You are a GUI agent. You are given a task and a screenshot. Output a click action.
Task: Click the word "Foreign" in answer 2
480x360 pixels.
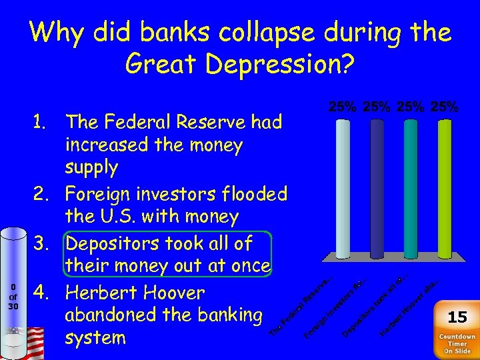click(103, 194)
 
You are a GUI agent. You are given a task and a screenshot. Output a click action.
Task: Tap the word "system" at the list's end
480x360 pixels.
click(95, 338)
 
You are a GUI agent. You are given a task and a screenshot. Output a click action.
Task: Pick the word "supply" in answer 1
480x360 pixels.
click(91, 167)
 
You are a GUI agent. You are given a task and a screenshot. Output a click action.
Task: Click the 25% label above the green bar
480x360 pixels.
click(443, 107)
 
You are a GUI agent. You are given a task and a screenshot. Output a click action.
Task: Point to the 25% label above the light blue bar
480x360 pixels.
click(342, 107)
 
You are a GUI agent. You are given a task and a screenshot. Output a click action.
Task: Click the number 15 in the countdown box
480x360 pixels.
click(457, 317)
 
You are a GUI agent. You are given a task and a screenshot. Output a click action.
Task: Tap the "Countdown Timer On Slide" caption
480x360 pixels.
click(457, 343)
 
